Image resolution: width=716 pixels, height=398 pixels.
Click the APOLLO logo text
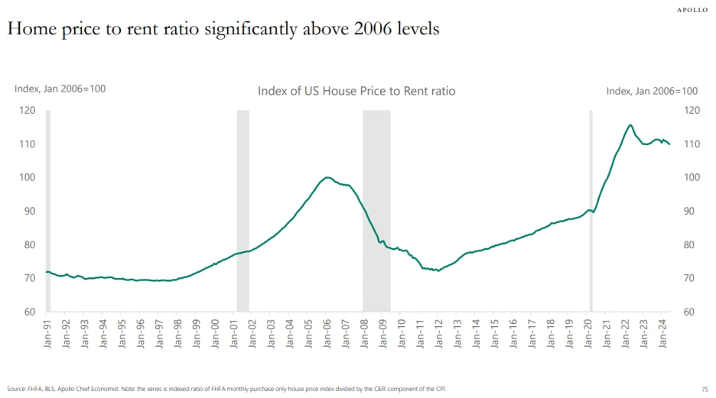tap(695, 10)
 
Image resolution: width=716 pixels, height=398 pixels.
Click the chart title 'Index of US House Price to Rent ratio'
tap(356, 91)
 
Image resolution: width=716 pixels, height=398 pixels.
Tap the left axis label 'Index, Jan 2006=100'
tap(60, 89)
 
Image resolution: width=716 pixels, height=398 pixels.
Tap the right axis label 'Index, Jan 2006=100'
tap(652, 91)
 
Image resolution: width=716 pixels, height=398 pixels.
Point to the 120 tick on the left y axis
tap(28, 111)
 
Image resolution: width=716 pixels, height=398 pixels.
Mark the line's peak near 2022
tap(630, 125)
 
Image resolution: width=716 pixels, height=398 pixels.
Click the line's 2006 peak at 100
tap(328, 177)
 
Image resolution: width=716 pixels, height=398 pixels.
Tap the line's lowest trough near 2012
tap(438, 270)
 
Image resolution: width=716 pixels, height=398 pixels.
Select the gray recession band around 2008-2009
tap(376, 210)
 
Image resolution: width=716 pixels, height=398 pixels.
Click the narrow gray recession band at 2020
tap(591, 210)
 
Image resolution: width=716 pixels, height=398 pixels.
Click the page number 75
tap(705, 389)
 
